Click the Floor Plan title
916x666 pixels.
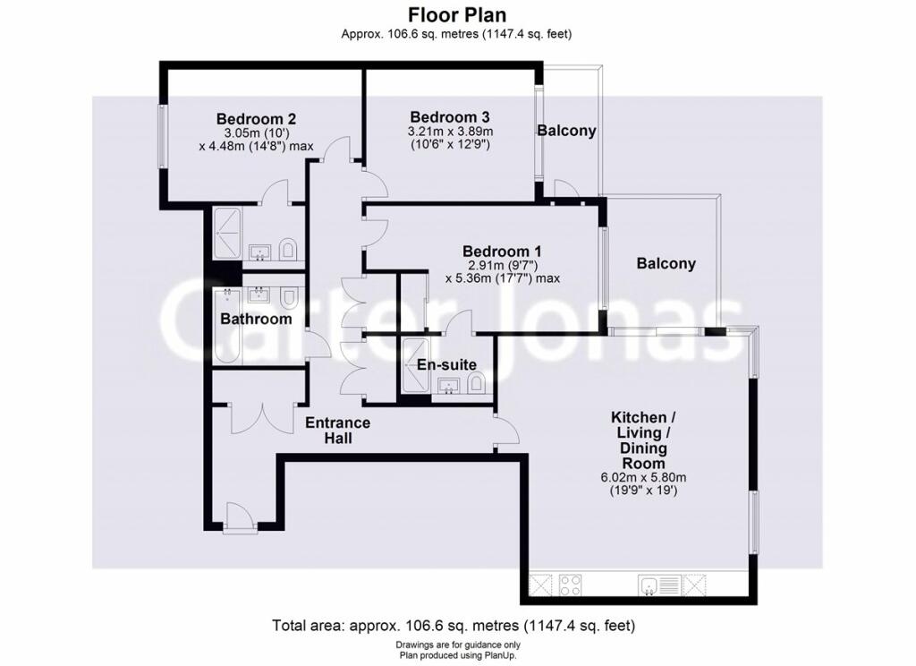(457, 15)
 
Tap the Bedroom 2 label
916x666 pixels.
(256, 118)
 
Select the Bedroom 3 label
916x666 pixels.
(449, 117)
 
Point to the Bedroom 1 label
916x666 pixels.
(501, 252)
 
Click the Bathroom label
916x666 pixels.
(256, 319)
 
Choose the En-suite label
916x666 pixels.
(446, 364)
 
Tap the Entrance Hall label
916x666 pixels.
(337, 431)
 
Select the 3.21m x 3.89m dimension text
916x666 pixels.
(449, 131)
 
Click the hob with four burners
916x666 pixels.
(571, 586)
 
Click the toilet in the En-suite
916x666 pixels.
(476, 384)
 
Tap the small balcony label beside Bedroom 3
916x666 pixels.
(566, 131)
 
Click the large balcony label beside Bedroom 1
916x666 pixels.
(666, 263)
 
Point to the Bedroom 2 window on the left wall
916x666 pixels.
(162, 136)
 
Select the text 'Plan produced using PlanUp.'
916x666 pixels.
(457, 654)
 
